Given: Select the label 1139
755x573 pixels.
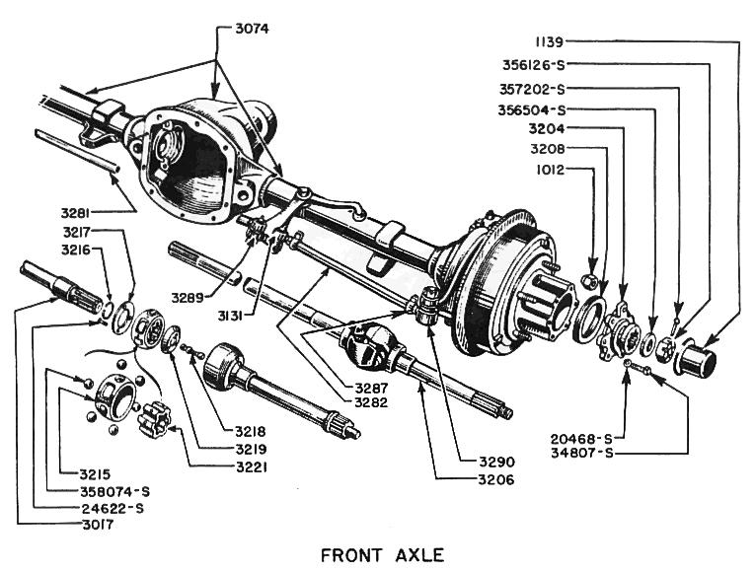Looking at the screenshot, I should pos(550,43).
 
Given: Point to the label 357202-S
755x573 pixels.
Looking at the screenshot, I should pos(534,88).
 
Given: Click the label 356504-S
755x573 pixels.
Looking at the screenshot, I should pos(534,109).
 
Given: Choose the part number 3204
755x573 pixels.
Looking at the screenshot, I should pos(549,130).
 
